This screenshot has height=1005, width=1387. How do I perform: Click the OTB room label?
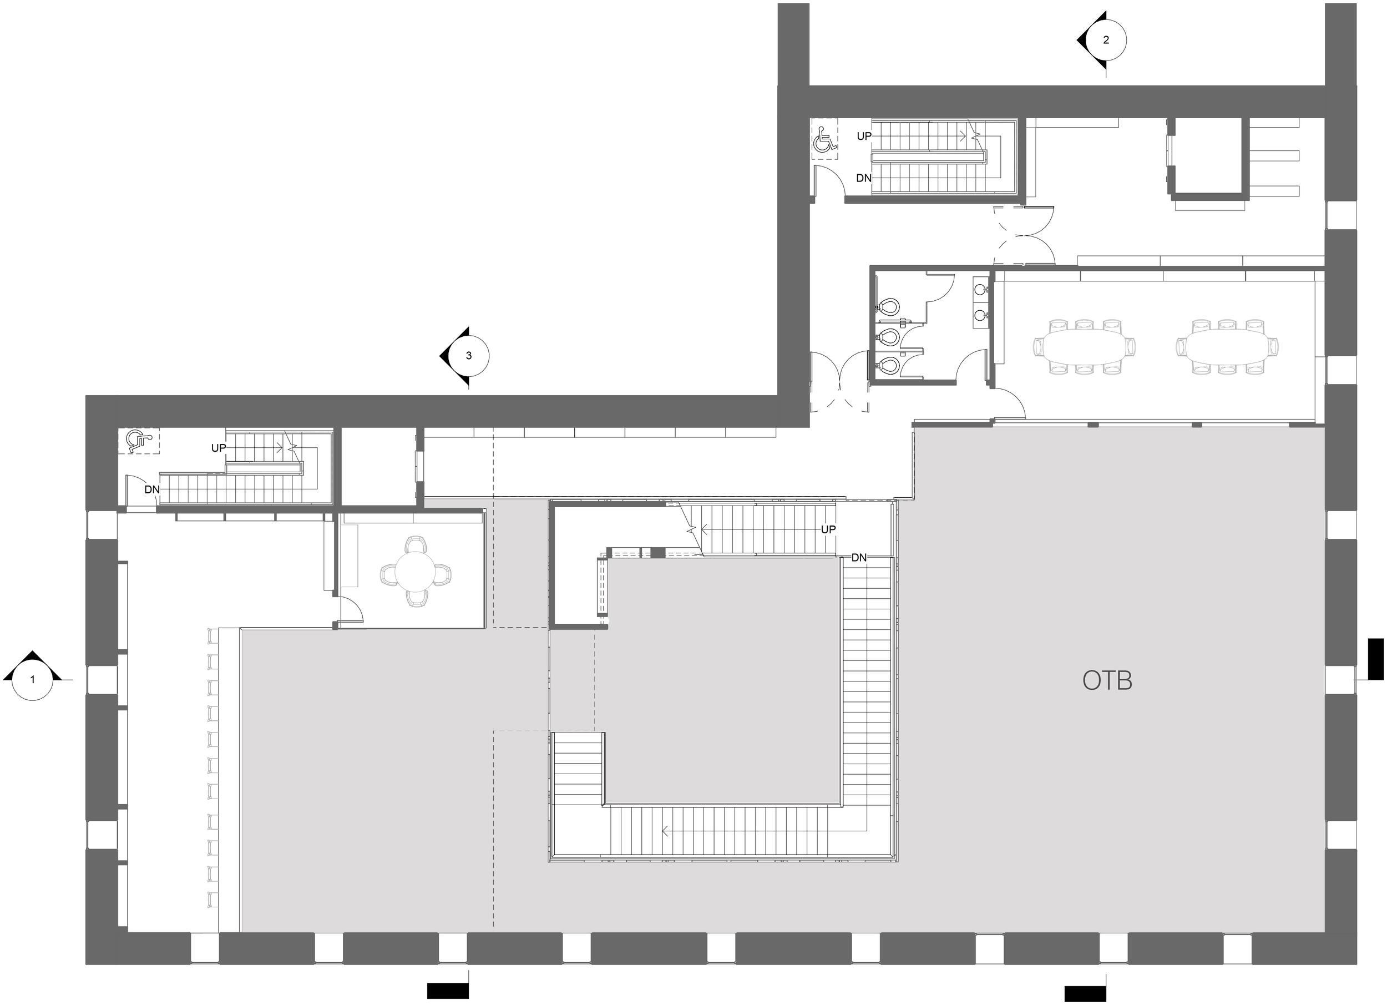pyautogui.click(x=1107, y=681)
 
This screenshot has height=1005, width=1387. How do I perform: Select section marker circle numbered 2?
pyautogui.click(x=1106, y=41)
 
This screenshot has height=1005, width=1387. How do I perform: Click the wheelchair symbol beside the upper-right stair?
pyautogui.click(x=824, y=140)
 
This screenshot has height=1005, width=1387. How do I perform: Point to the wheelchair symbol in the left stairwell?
pyautogui.click(x=138, y=441)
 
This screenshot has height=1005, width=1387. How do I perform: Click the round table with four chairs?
pyautogui.click(x=414, y=570)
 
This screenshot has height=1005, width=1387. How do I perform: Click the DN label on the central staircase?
pyautogui.click(x=859, y=558)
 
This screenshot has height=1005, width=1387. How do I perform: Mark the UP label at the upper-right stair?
pyautogui.click(x=863, y=137)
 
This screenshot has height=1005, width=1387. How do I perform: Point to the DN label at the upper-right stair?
pyautogui.click(x=863, y=179)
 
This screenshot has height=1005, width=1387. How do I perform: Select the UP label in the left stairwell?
pyautogui.click(x=219, y=448)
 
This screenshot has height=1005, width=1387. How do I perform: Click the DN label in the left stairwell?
pyautogui.click(x=152, y=489)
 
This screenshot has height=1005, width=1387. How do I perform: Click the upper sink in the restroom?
pyautogui.click(x=980, y=287)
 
